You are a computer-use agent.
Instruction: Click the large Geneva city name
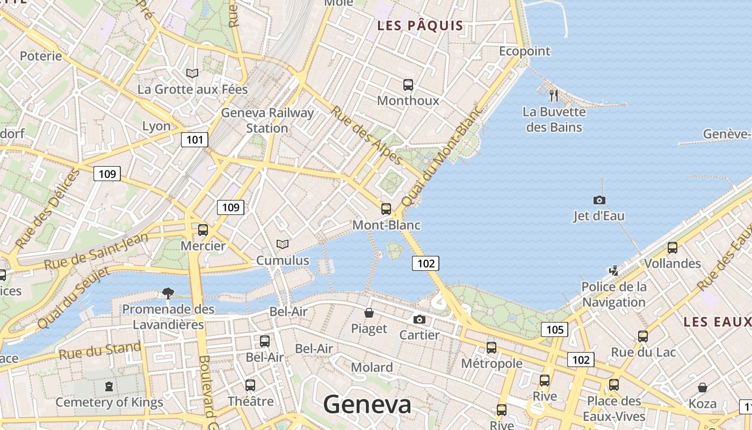point(367,405)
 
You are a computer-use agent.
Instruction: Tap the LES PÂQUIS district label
point(420,25)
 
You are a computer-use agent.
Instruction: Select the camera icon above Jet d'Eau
point(599,200)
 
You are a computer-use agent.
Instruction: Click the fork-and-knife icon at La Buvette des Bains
point(554,96)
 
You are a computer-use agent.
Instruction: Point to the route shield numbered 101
point(194,140)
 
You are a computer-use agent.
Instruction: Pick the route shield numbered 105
point(554,329)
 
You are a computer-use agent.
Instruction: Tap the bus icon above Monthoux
point(408,84)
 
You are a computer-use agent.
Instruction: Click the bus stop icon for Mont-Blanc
point(386,209)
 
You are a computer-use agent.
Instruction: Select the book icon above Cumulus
point(283,244)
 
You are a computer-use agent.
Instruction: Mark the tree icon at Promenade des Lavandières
point(168,293)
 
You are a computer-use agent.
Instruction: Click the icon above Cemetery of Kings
point(109,386)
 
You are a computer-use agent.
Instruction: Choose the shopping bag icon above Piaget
point(369,313)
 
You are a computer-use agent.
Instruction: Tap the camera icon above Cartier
point(420,319)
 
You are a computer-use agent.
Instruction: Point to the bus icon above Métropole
point(491,348)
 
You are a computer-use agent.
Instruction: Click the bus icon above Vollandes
point(672,248)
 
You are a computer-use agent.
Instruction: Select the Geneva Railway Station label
point(267,120)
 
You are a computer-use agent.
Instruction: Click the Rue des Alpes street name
point(366,135)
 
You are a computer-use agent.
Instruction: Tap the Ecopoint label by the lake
point(525,51)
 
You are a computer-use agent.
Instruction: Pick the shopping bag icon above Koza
point(702,388)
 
